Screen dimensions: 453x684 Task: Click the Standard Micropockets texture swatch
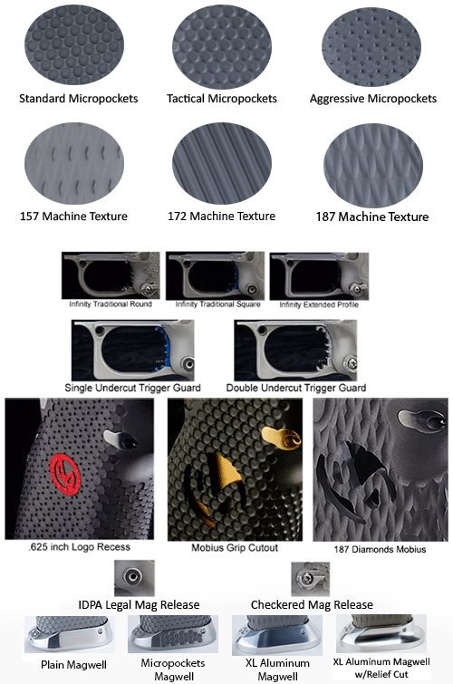74,45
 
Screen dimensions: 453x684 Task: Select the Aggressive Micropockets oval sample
371,46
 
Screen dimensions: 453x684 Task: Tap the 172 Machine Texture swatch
222,164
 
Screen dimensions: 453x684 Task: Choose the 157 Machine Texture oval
74,164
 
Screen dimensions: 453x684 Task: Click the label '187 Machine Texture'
372,217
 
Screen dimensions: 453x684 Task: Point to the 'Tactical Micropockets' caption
222,99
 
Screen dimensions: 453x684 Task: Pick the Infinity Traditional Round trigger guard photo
111,275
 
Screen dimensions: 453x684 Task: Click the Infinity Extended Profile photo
319,276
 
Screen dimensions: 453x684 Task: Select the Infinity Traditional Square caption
217,304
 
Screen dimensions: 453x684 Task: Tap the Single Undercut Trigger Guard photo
132,351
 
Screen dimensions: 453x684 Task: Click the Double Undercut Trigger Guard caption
296,388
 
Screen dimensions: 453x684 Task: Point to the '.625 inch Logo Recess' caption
79,547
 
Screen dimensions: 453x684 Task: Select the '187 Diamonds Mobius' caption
380,549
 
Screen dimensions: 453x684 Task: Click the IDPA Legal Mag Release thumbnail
134,578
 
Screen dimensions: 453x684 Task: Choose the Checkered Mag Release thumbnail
310,579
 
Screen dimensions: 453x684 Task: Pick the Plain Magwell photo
70,634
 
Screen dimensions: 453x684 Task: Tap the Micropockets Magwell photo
173,634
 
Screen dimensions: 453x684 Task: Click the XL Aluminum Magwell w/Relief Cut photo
381,634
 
